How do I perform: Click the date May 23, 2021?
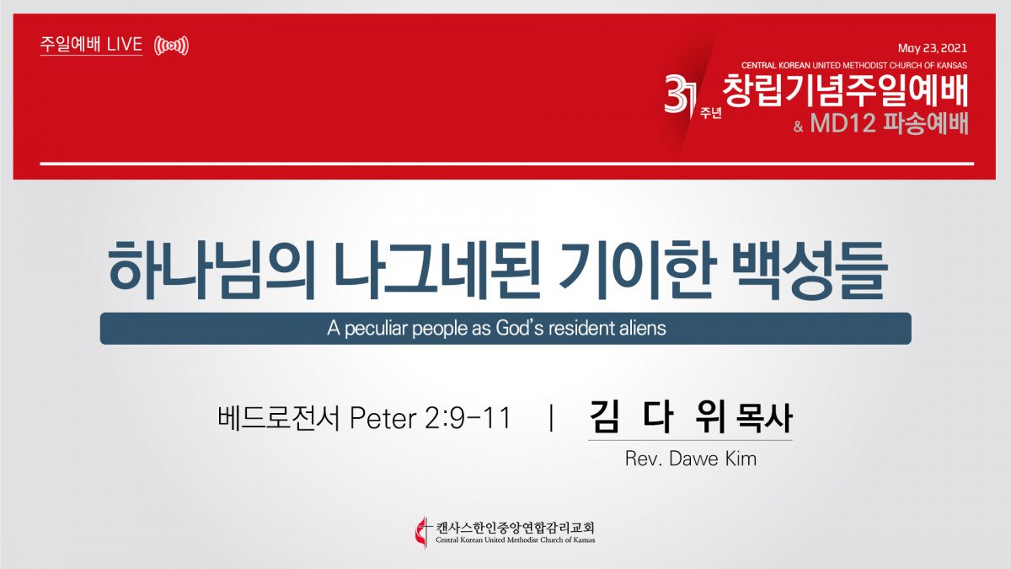pos(932,48)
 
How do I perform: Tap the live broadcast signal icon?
pos(171,46)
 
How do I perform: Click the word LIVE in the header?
pos(125,44)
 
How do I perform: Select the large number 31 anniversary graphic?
pos(681,94)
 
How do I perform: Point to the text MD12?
pos(843,123)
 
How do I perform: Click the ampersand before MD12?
pos(798,126)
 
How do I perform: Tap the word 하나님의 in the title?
pos(211,270)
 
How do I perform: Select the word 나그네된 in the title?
pos(437,270)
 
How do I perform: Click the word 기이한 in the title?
pos(634,270)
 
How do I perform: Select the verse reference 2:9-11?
pos(468,418)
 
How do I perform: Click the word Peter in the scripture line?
pos(382,418)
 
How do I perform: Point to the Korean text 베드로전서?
pos(279,418)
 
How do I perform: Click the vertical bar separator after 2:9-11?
pos(551,418)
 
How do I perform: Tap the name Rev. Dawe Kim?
pos(691,459)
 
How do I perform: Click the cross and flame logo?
pos(422,533)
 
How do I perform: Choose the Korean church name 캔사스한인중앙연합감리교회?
pos(515,527)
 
